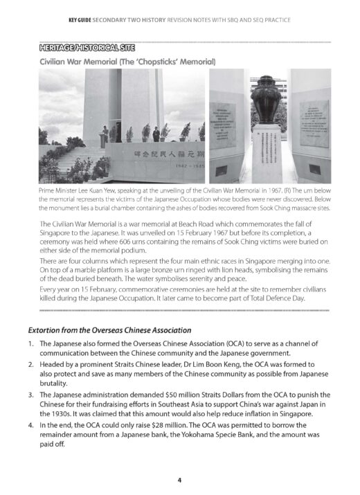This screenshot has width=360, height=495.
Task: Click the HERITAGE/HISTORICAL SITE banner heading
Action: point(87,48)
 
